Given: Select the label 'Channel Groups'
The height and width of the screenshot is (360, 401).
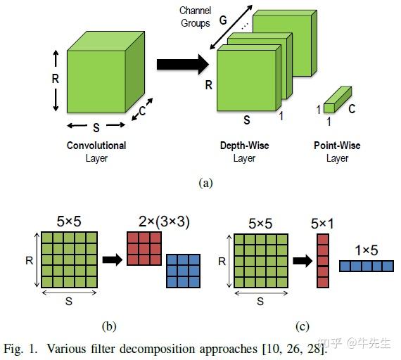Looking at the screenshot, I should pyautogui.click(x=195, y=17).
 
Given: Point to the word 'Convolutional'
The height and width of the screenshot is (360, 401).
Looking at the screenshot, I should pyautogui.click(x=96, y=146).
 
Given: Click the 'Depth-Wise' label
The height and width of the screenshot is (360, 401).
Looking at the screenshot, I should pyautogui.click(x=244, y=146).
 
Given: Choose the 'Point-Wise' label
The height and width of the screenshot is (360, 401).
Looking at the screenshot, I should pyautogui.click(x=337, y=146).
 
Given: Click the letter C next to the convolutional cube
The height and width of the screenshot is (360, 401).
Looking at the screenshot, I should pyautogui.click(x=142, y=110).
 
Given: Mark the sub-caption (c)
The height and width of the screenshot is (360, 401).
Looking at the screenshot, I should pyautogui.click(x=302, y=326).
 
